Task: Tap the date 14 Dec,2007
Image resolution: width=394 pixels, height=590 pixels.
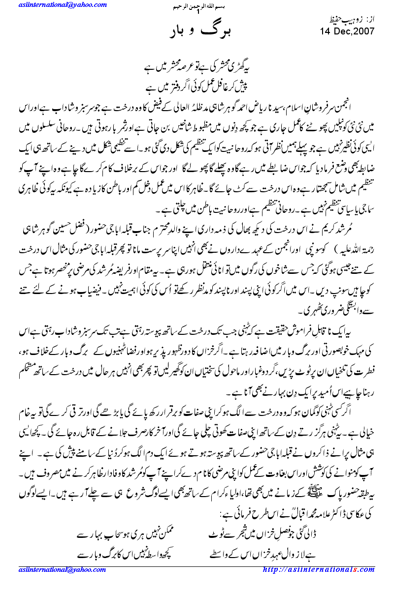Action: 347,31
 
